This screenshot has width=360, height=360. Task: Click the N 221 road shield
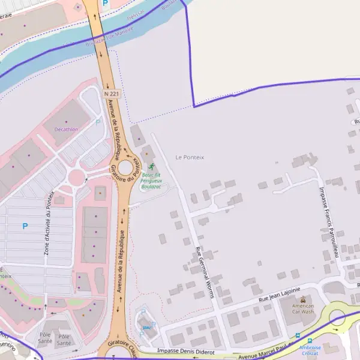(x=111, y=94)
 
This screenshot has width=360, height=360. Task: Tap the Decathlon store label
(x=66, y=129)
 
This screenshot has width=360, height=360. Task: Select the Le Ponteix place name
(x=190, y=157)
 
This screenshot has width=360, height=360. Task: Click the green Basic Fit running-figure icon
(x=151, y=167)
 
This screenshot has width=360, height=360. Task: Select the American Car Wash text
(x=303, y=309)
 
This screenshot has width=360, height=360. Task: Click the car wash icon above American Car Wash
(x=303, y=299)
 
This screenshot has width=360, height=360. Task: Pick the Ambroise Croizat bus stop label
(x=310, y=350)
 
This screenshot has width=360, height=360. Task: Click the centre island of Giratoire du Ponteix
(x=125, y=168)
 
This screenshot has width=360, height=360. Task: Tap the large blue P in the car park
(x=25, y=226)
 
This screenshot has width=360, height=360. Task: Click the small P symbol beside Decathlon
(x=98, y=122)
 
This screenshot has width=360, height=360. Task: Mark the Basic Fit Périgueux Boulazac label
(x=151, y=181)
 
